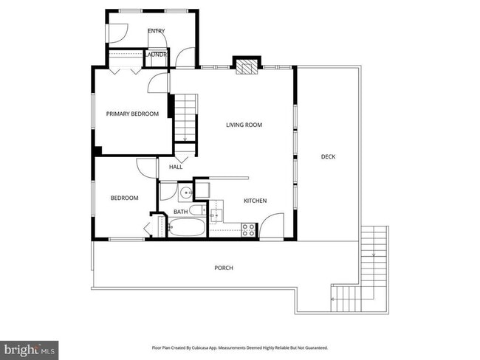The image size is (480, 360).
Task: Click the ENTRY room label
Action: click(156, 31)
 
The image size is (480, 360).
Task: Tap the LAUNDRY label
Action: click(156, 55)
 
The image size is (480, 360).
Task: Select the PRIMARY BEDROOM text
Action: click(132, 114)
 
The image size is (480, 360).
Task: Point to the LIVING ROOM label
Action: click(244, 125)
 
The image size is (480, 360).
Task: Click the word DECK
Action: click(328, 156)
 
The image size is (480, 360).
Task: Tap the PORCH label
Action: click(223, 268)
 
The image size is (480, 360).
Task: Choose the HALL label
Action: click(176, 167)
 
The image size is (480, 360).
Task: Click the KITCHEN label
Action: click(255, 201)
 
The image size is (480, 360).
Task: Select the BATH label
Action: click(180, 212)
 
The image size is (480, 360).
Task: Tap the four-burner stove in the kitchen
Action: click(249, 230)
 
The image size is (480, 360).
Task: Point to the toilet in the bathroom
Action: click(198, 210)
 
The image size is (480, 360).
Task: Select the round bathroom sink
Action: click(185, 194)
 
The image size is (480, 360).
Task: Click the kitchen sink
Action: click(217, 215)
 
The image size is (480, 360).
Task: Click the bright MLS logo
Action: click(30, 347)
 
